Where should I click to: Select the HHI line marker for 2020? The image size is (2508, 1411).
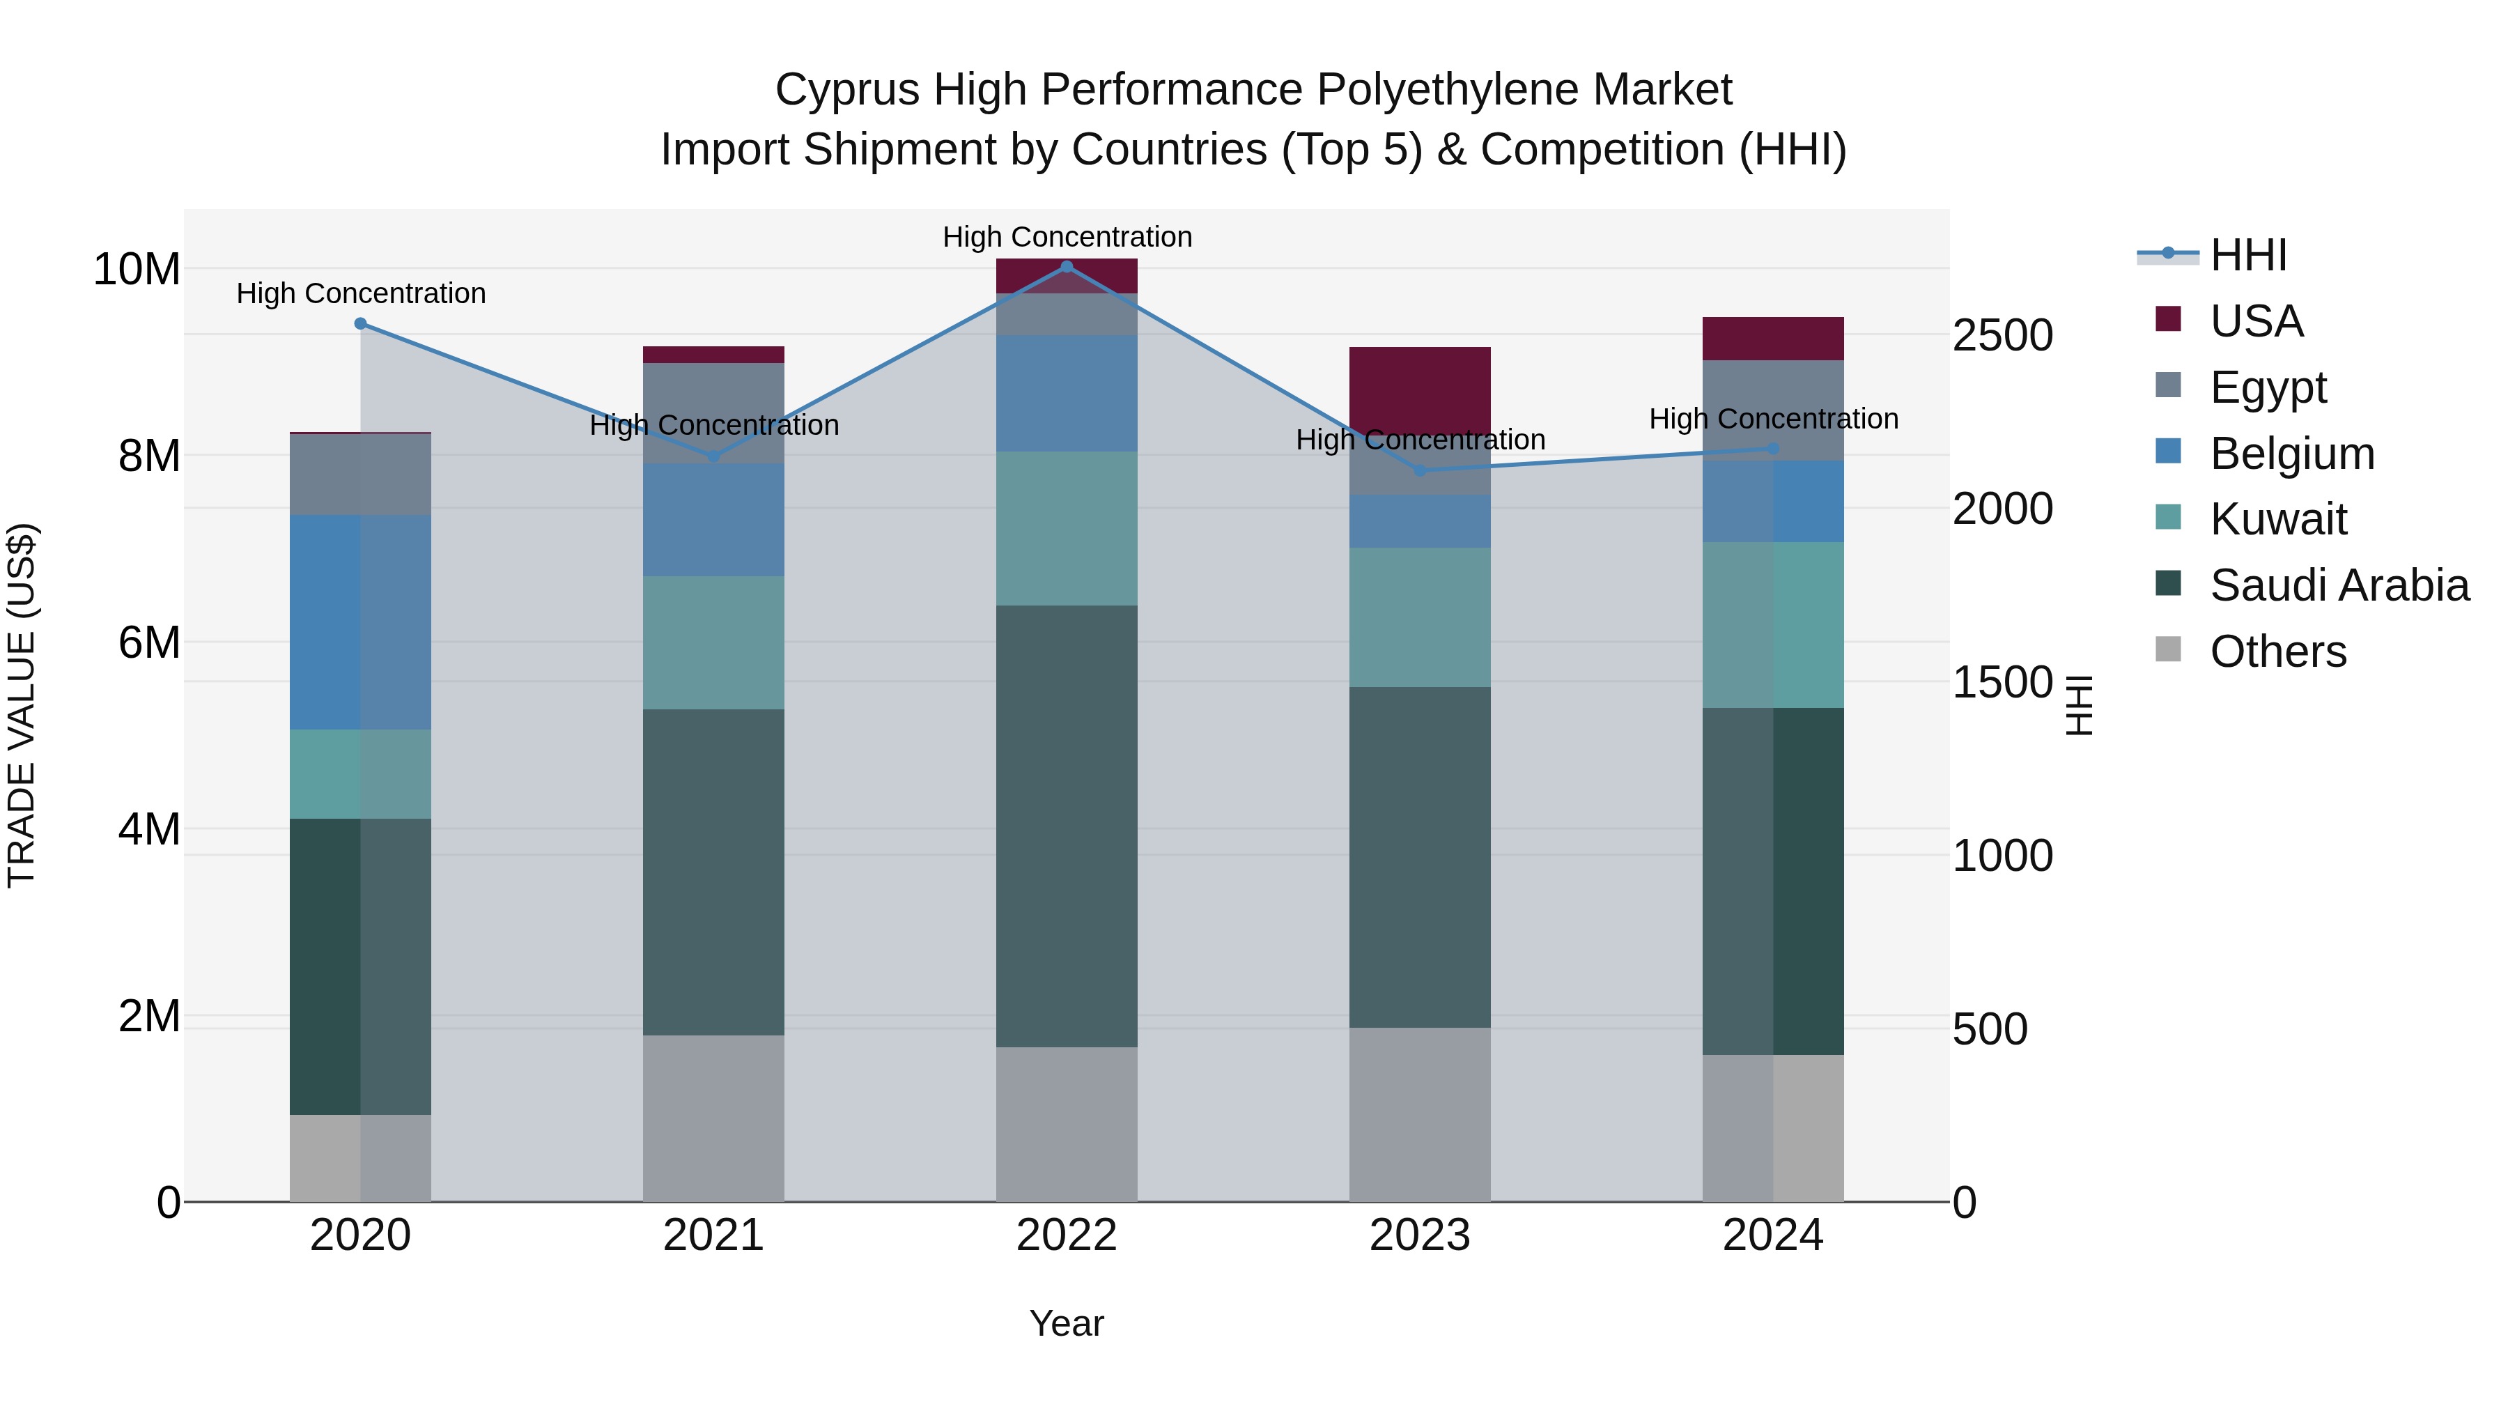pos(360,323)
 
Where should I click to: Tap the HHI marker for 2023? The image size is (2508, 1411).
pos(1420,470)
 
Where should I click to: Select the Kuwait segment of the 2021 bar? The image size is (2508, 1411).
pos(713,642)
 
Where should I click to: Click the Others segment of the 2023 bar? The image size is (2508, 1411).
pos(1420,1114)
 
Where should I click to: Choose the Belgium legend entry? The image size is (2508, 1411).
pos(2291,454)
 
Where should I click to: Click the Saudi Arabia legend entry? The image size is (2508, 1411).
pos(2337,585)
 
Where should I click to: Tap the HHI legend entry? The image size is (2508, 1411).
pos(2247,255)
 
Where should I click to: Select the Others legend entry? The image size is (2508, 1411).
pos(2276,651)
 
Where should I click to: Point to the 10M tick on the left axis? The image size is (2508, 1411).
pos(137,269)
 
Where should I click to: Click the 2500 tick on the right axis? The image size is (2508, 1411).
pos(2003,335)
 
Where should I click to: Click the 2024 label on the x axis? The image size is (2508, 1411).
pos(1772,1235)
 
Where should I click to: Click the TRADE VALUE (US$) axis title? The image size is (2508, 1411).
pos(22,705)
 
